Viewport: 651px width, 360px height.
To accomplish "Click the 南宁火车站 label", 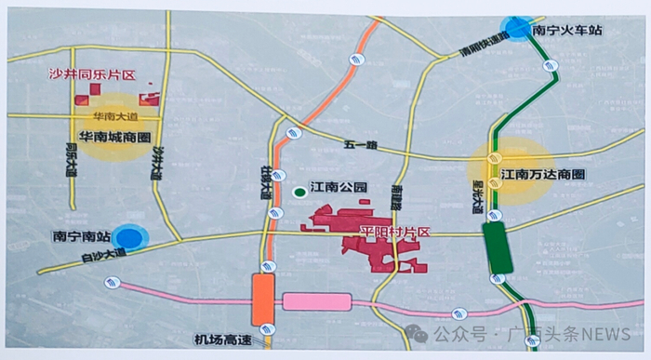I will point(567,30).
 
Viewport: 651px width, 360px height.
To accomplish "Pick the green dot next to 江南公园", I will point(299,193).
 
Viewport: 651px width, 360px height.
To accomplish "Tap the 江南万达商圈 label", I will point(544,174).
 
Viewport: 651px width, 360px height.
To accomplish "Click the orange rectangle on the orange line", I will point(262,300).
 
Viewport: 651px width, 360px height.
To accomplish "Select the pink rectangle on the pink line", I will point(316,301).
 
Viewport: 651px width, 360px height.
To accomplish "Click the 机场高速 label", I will point(220,340).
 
